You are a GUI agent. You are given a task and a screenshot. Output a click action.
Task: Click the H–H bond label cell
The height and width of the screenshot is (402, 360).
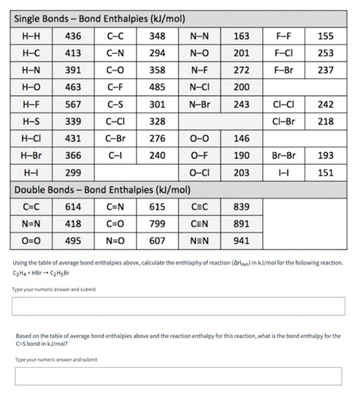(x=32, y=36)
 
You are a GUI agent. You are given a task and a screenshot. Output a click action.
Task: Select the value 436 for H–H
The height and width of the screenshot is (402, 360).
(x=74, y=36)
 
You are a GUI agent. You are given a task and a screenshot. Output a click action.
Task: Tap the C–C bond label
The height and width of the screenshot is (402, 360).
(x=115, y=36)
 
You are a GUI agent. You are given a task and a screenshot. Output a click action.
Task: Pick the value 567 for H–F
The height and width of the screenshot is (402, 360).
(x=74, y=104)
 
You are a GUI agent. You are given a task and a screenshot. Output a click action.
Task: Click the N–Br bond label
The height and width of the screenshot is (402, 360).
(x=199, y=104)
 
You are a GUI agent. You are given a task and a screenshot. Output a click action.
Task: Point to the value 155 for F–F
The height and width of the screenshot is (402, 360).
(x=325, y=36)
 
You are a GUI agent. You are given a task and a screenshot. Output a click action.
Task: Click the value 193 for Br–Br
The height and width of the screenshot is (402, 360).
(x=325, y=155)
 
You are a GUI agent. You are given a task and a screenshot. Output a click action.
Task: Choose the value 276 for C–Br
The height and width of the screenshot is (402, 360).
(x=157, y=138)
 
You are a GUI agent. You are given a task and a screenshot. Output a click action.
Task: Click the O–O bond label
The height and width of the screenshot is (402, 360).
(x=199, y=138)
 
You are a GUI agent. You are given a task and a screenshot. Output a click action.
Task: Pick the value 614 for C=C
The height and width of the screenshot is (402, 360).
(x=74, y=207)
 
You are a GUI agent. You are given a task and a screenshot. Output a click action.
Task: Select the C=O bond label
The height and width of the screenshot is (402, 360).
(x=115, y=223)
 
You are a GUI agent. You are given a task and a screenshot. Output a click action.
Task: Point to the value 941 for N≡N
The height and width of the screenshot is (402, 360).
(x=241, y=241)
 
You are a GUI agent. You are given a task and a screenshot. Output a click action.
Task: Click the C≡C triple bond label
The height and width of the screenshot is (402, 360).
(x=199, y=207)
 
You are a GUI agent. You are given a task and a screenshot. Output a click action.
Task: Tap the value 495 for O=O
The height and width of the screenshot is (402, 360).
(x=74, y=241)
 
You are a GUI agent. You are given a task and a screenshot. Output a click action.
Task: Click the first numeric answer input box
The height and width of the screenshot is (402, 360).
(x=179, y=306)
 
